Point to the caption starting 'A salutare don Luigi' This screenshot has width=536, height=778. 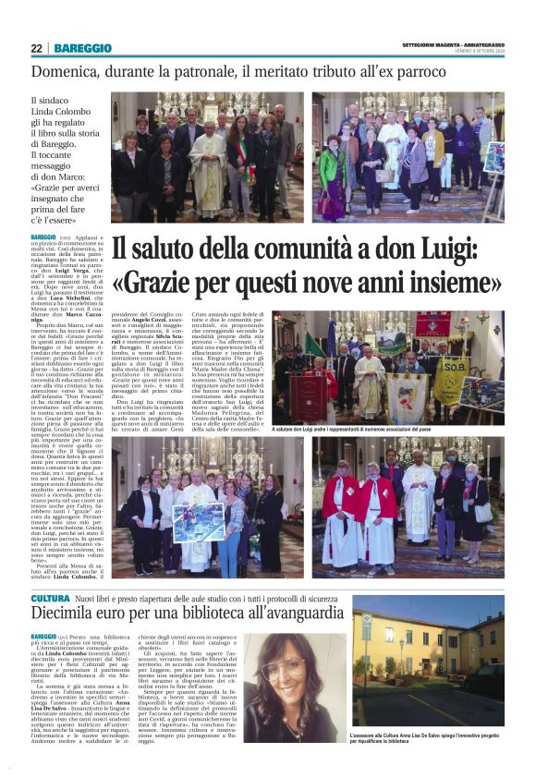pos(388,430)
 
